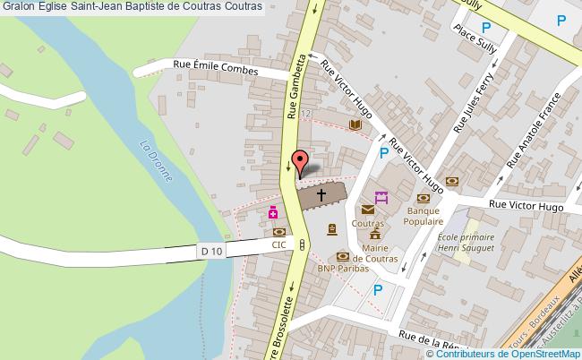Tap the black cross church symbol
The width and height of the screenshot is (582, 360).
tap(321, 194)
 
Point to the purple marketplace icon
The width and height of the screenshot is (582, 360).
tap(381, 197)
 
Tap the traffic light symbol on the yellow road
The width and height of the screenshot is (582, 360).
tap(303, 244)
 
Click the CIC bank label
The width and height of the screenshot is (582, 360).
tap(280, 244)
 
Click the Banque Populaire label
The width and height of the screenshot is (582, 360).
tap(423, 215)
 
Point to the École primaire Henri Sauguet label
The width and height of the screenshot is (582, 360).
tap(467, 241)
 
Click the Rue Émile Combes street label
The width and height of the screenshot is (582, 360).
tap(215, 67)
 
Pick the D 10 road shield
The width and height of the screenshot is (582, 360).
tap(212, 253)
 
